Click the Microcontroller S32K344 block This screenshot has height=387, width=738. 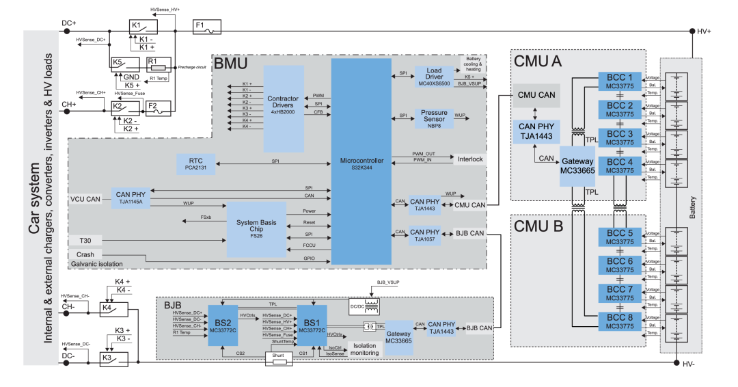(x=361, y=161)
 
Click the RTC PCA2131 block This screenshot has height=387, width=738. (x=197, y=161)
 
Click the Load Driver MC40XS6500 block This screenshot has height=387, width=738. (x=433, y=76)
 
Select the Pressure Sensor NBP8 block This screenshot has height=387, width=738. (x=433, y=118)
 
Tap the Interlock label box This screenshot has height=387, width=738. (x=470, y=159)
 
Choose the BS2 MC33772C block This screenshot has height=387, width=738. (x=222, y=325)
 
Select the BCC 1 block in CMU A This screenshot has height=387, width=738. (x=620, y=81)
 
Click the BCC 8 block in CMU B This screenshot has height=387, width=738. (x=620, y=321)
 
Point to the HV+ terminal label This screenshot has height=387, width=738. (x=704, y=31)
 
